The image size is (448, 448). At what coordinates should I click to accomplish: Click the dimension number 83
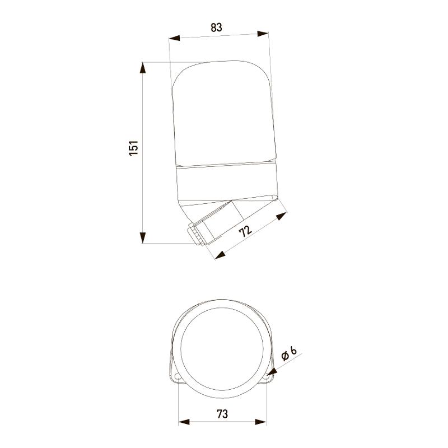[x=216, y=27]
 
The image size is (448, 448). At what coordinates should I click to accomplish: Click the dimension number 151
[x=134, y=148]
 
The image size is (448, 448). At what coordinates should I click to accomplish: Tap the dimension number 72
[x=246, y=231]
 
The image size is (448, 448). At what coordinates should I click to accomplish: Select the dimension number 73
[x=222, y=414]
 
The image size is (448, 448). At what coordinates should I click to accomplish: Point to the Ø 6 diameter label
[x=289, y=353]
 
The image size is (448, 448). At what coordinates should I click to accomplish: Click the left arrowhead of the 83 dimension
[x=174, y=38]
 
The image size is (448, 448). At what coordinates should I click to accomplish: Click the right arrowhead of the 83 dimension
[x=263, y=34]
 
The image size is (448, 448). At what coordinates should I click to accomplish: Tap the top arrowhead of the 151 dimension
[x=143, y=68]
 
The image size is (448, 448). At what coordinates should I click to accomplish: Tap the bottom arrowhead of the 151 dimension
[x=143, y=237]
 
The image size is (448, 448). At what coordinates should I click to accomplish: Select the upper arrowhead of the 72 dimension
[x=282, y=216]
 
